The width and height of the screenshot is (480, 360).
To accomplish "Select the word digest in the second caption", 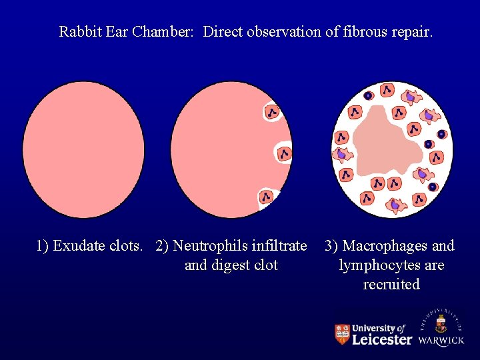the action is pyautogui.click(x=231, y=265).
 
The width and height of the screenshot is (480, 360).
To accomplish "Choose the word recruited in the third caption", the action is pyautogui.click(x=391, y=285).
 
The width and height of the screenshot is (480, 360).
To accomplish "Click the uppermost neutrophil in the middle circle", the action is pyautogui.click(x=273, y=112).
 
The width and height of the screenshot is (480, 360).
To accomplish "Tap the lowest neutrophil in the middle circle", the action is pyautogui.click(x=267, y=197).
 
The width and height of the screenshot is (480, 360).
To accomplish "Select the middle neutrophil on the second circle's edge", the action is pyautogui.click(x=285, y=154).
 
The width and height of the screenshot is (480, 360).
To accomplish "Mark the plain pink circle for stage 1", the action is pyautogui.click(x=83, y=151).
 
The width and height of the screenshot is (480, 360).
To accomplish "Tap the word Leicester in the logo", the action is pyautogui.click(x=381, y=340).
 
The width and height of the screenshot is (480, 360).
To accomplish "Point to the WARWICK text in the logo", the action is pyautogui.click(x=441, y=341).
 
